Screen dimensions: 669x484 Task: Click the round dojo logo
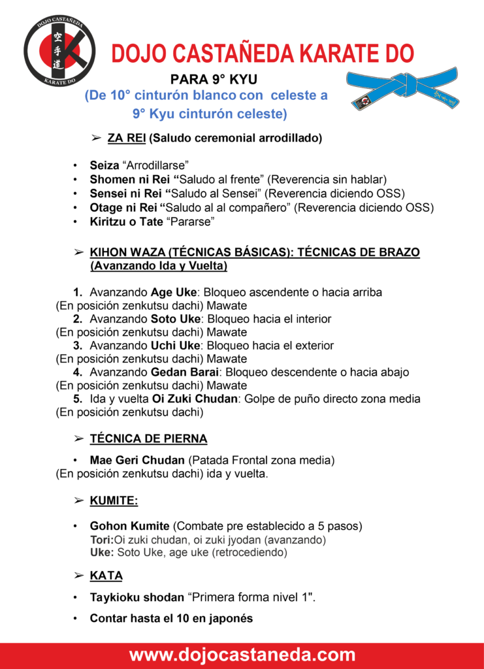point(59,53)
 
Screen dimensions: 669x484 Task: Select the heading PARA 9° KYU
point(214,81)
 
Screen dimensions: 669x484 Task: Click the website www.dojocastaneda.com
point(242,655)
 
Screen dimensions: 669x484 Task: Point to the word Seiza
point(105,166)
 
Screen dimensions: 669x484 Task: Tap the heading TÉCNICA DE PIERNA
point(148,438)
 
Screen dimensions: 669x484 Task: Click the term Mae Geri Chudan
point(137,461)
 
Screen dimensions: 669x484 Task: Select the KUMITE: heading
point(114,501)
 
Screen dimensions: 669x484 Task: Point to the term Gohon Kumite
point(130,526)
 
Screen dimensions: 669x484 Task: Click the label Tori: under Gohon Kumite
point(101,540)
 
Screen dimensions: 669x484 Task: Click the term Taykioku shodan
point(137,597)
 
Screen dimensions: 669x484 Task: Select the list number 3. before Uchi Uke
point(78,346)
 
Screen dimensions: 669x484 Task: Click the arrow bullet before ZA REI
point(95,139)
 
